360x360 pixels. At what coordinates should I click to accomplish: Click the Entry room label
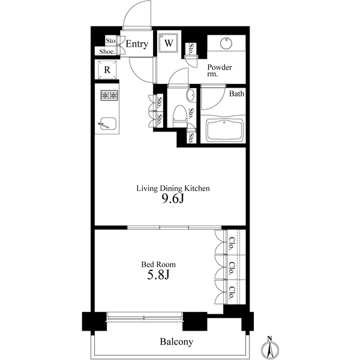[137, 44]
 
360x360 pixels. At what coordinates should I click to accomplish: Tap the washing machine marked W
[169, 43]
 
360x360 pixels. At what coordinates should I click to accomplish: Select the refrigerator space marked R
[107, 70]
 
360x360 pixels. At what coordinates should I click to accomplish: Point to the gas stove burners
[109, 95]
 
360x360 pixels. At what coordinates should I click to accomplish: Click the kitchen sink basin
[108, 124]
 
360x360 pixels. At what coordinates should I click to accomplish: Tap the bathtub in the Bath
[224, 130]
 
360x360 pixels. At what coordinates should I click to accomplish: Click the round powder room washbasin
[226, 43]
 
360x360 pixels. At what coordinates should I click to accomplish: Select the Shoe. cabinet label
[107, 52]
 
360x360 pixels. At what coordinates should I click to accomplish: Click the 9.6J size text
[173, 199]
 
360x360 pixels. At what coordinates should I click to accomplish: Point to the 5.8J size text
[158, 275]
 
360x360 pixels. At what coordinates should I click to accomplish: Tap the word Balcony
[176, 342]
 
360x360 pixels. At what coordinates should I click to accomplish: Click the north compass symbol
[270, 349]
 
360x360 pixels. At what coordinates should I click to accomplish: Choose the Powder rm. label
[220, 70]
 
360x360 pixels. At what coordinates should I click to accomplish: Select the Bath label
[236, 94]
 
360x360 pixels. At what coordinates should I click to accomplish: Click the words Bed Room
[158, 265]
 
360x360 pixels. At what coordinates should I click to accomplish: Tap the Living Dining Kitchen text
[173, 188]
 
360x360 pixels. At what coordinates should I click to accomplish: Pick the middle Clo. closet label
[232, 268]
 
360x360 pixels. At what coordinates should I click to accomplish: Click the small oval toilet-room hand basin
[191, 95]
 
